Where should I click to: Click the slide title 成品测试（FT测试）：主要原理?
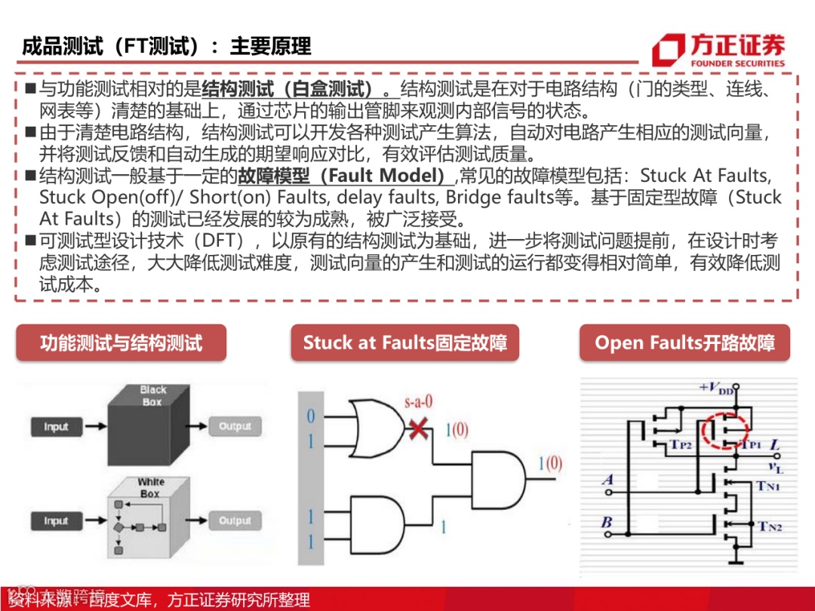click(x=166, y=46)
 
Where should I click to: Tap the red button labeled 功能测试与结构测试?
click(x=121, y=343)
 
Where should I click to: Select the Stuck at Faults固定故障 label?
click(x=404, y=343)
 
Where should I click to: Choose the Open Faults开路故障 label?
click(x=684, y=343)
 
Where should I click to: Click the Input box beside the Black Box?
click(x=56, y=427)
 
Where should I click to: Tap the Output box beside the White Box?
click(x=235, y=520)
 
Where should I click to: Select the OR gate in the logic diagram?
click(x=377, y=427)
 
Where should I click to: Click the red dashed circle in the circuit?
click(x=724, y=430)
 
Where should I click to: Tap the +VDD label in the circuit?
click(x=715, y=388)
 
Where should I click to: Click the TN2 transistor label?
click(x=770, y=527)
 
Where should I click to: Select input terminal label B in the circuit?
click(x=607, y=521)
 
